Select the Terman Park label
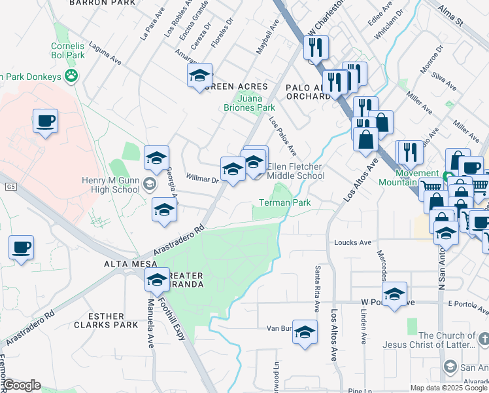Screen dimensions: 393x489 pos(285,203)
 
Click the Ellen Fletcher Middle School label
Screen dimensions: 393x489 pos(295,171)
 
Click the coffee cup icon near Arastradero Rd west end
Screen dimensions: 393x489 pos(21,248)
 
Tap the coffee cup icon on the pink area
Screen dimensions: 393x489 pos(45,121)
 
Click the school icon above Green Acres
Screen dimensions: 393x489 pos(200,75)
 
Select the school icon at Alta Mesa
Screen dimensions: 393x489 pos(156,280)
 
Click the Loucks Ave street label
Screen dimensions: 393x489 pos(353,242)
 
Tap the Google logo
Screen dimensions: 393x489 pos(22,385)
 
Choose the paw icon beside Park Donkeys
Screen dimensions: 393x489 pos(71,77)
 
